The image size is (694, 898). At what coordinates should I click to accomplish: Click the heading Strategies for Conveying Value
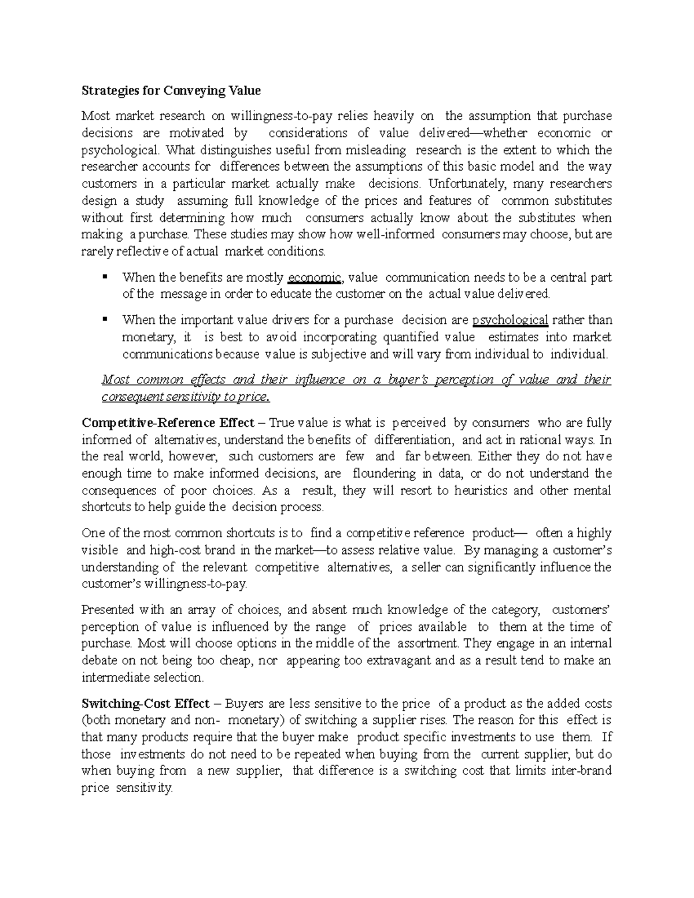click(171, 91)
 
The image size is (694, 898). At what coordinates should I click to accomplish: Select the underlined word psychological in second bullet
click(510, 320)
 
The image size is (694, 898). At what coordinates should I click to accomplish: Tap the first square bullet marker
click(105, 276)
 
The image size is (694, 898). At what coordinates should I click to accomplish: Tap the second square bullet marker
click(105, 319)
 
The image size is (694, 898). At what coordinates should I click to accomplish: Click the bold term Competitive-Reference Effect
click(168, 423)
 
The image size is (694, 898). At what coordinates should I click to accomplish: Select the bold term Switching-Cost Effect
click(145, 704)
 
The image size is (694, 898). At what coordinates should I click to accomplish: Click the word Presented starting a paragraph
click(108, 609)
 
